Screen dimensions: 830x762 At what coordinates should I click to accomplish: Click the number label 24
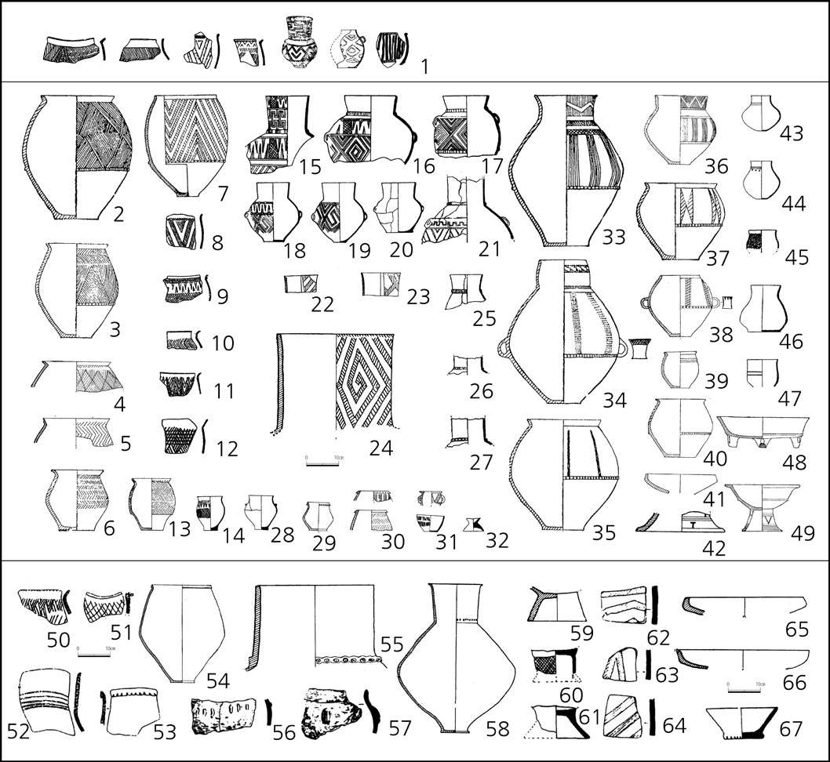(381, 448)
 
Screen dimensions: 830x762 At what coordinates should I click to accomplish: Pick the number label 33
(614, 237)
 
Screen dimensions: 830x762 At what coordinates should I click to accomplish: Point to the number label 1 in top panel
(423, 67)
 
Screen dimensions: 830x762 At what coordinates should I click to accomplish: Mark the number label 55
(391, 644)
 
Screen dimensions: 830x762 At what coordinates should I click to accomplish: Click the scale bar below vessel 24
(322, 464)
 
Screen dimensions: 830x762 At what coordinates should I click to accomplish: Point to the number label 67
(791, 730)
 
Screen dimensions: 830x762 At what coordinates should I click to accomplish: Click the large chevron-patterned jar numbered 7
(187, 145)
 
